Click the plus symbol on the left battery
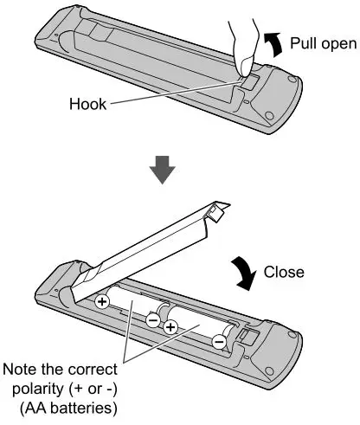pos(102,302)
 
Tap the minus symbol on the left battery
pos(152,319)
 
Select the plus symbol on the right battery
pos(170,327)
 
